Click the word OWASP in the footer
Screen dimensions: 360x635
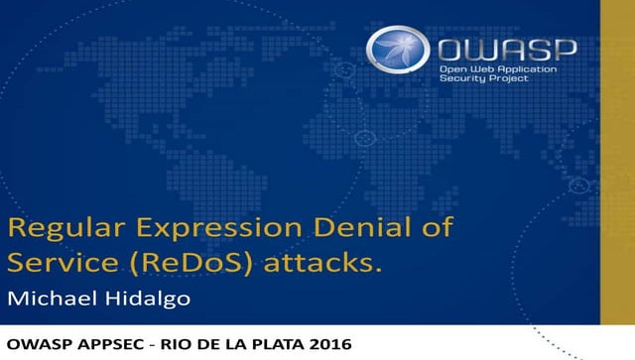(38, 345)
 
